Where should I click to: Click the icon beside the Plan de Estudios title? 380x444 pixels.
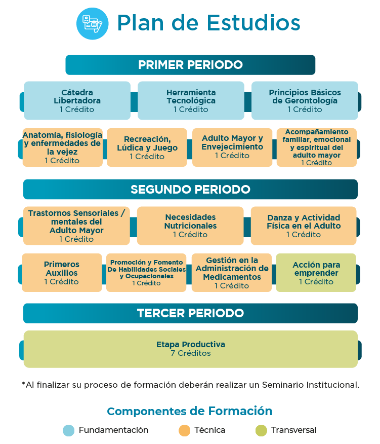click(x=92, y=23)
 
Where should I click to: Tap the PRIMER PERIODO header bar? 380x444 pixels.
click(x=190, y=65)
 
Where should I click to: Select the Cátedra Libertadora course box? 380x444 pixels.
click(x=77, y=100)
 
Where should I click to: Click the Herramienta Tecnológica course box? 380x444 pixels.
click(x=191, y=100)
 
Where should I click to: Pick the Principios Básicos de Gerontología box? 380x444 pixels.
click(x=305, y=100)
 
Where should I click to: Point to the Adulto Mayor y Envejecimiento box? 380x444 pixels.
click(x=232, y=147)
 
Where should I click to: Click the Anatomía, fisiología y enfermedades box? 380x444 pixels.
click(x=62, y=147)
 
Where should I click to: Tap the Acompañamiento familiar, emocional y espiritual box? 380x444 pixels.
click(x=317, y=147)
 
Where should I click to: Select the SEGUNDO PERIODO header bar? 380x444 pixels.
click(x=190, y=190)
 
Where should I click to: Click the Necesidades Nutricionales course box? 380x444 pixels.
click(x=190, y=226)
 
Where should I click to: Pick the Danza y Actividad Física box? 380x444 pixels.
click(x=304, y=226)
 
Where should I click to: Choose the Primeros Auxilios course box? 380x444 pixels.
click(x=62, y=273)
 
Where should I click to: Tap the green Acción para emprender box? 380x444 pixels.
click(x=316, y=273)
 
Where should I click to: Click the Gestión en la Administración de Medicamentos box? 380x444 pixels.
click(x=232, y=273)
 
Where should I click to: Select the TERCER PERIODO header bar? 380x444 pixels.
click(x=190, y=313)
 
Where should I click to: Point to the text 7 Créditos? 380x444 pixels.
click(x=190, y=353)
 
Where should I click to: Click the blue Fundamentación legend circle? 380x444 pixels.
click(x=68, y=430)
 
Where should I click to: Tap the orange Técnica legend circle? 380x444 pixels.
click(x=184, y=430)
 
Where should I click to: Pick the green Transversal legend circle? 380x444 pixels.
click(x=261, y=430)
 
